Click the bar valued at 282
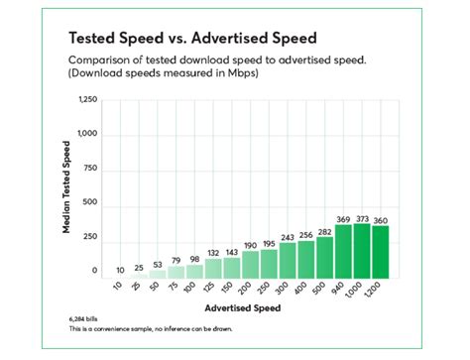click(x=324, y=258)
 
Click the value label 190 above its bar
click(x=250, y=244)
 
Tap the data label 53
click(x=158, y=265)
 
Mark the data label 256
click(x=306, y=234)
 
